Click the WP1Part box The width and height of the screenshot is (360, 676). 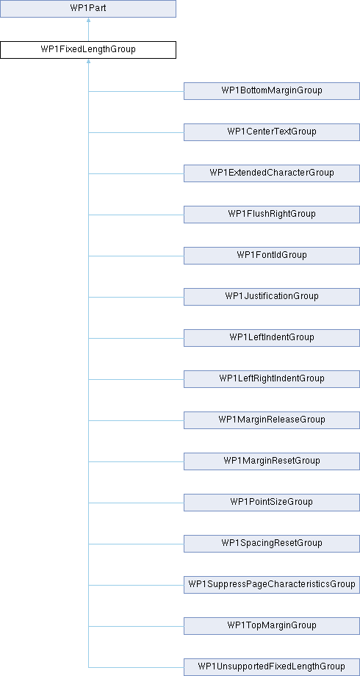[x=88, y=9]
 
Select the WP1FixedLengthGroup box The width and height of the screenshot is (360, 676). [x=88, y=49]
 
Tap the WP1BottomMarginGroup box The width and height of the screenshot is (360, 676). [x=272, y=91]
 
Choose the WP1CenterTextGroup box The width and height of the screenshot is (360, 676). [x=272, y=132]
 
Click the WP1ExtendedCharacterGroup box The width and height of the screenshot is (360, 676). [x=272, y=173]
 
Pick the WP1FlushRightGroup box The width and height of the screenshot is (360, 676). [x=272, y=215]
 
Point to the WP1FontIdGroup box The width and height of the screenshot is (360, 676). [x=272, y=255]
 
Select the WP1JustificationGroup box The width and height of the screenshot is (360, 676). [x=272, y=297]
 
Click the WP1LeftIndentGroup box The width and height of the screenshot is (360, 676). [x=272, y=337]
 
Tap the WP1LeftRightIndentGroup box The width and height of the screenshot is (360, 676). [x=272, y=379]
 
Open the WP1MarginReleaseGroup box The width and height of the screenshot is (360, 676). [x=272, y=420]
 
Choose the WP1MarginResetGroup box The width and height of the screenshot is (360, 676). [x=272, y=461]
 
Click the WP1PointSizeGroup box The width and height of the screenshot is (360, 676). [x=272, y=503]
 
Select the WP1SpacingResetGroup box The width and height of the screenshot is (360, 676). [x=272, y=543]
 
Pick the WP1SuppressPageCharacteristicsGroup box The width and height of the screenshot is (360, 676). [x=272, y=585]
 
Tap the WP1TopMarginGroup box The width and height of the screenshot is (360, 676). [x=272, y=625]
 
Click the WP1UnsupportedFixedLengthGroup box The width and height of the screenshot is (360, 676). [x=272, y=667]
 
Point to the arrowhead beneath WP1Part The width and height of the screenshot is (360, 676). [x=88, y=20]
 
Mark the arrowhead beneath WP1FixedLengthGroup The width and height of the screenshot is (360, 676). [x=88, y=61]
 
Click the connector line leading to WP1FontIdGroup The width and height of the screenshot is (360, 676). [x=136, y=256]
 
